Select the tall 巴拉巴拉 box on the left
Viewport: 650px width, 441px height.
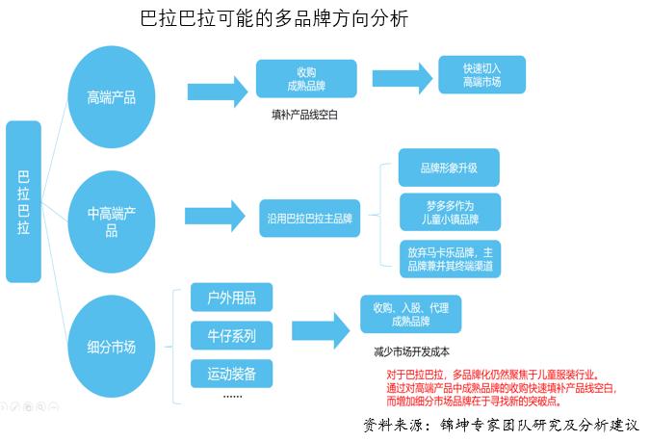tap(24, 201)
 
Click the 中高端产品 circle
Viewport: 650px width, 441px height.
tap(111, 221)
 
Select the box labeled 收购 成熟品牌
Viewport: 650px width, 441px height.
tap(306, 79)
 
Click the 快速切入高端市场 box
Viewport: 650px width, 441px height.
tap(481, 74)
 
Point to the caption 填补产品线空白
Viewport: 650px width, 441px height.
tap(305, 114)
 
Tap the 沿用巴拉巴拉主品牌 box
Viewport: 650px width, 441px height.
tap(309, 219)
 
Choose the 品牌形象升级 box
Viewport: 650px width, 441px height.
tap(449, 168)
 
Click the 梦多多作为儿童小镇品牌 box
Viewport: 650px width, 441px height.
tap(449, 213)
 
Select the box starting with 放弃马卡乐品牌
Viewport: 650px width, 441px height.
tap(449, 258)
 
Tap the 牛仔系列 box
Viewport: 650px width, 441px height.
tap(231, 335)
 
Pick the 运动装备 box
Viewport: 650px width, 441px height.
tap(231, 373)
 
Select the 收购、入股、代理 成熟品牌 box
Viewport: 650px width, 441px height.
tap(410, 313)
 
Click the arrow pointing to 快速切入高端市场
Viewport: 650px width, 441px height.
tap(402, 80)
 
